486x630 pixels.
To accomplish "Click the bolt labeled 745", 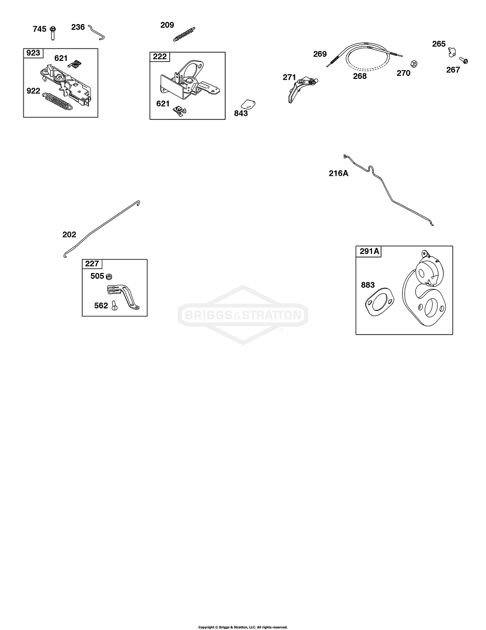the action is pyautogui.click(x=53, y=33).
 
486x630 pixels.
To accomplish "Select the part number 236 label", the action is pyautogui.click(x=78, y=27).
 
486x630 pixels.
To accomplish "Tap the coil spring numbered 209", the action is pyautogui.click(x=184, y=34).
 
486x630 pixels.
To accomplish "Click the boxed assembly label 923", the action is pyautogui.click(x=33, y=53).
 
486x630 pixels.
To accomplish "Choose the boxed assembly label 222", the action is pyautogui.click(x=160, y=56).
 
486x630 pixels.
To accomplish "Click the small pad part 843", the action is pyautogui.click(x=248, y=104).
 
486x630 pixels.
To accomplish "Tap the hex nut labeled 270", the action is pyautogui.click(x=414, y=63).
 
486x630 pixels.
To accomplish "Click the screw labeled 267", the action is pyautogui.click(x=463, y=60).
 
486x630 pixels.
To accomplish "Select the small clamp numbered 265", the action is pyautogui.click(x=452, y=52).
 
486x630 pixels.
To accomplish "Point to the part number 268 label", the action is pyautogui.click(x=360, y=76).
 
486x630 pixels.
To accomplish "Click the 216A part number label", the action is pyautogui.click(x=338, y=173).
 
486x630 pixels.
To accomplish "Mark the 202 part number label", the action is pyautogui.click(x=69, y=235).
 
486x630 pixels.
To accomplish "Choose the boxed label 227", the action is pyautogui.click(x=92, y=264).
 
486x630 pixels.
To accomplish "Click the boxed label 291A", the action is pyautogui.click(x=369, y=251).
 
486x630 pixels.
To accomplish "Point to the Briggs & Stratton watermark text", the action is pyautogui.click(x=243, y=315).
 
